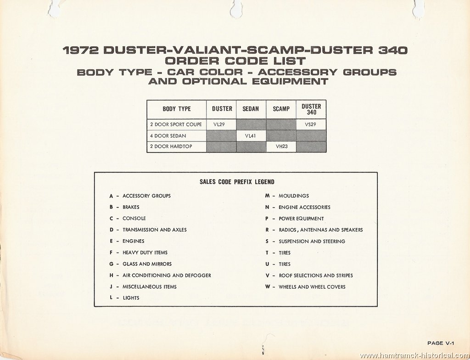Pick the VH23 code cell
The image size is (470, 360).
tap(281, 146)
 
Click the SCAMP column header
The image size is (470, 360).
tap(281, 109)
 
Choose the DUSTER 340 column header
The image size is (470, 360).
tap(311, 109)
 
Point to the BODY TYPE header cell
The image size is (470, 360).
tap(177, 109)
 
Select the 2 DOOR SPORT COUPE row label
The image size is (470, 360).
tap(176, 124)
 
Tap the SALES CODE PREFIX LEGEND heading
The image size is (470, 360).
tap(237, 182)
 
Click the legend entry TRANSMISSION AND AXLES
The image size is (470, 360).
tap(154, 230)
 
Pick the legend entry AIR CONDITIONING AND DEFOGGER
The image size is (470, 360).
tap(167, 276)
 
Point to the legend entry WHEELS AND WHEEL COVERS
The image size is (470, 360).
tap(312, 287)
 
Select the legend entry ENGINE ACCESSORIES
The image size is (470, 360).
tap(305, 207)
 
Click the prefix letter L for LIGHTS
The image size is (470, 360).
tap(111, 298)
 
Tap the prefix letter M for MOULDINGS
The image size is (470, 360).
tap(268, 196)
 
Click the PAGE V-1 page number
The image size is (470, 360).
tap(441, 343)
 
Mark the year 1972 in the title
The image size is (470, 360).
tap(81, 50)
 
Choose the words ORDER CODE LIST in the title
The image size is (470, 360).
tap(235, 61)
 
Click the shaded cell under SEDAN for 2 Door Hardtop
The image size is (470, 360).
tap(251, 146)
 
